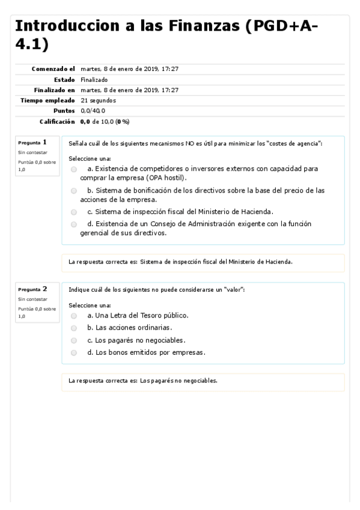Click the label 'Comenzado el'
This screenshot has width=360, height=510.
pyautogui.click(x=53, y=69)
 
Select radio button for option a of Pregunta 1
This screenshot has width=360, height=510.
pyautogui.click(x=74, y=170)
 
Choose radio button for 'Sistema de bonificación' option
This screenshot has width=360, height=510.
pyautogui.click(x=74, y=191)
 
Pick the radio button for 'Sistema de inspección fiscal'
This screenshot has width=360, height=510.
pyautogui.click(x=74, y=212)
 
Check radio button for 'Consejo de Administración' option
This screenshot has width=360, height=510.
pyautogui.click(x=74, y=224)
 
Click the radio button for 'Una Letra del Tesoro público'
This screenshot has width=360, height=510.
pyautogui.click(x=74, y=315)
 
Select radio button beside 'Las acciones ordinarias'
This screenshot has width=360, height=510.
pyautogui.click(x=74, y=328)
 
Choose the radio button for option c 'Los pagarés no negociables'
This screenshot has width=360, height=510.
pyautogui.click(x=74, y=340)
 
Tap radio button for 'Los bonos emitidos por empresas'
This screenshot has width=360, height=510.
pyautogui.click(x=74, y=353)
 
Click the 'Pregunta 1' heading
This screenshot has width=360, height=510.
pyautogui.click(x=32, y=143)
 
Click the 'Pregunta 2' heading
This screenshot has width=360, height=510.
pyautogui.click(x=32, y=289)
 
